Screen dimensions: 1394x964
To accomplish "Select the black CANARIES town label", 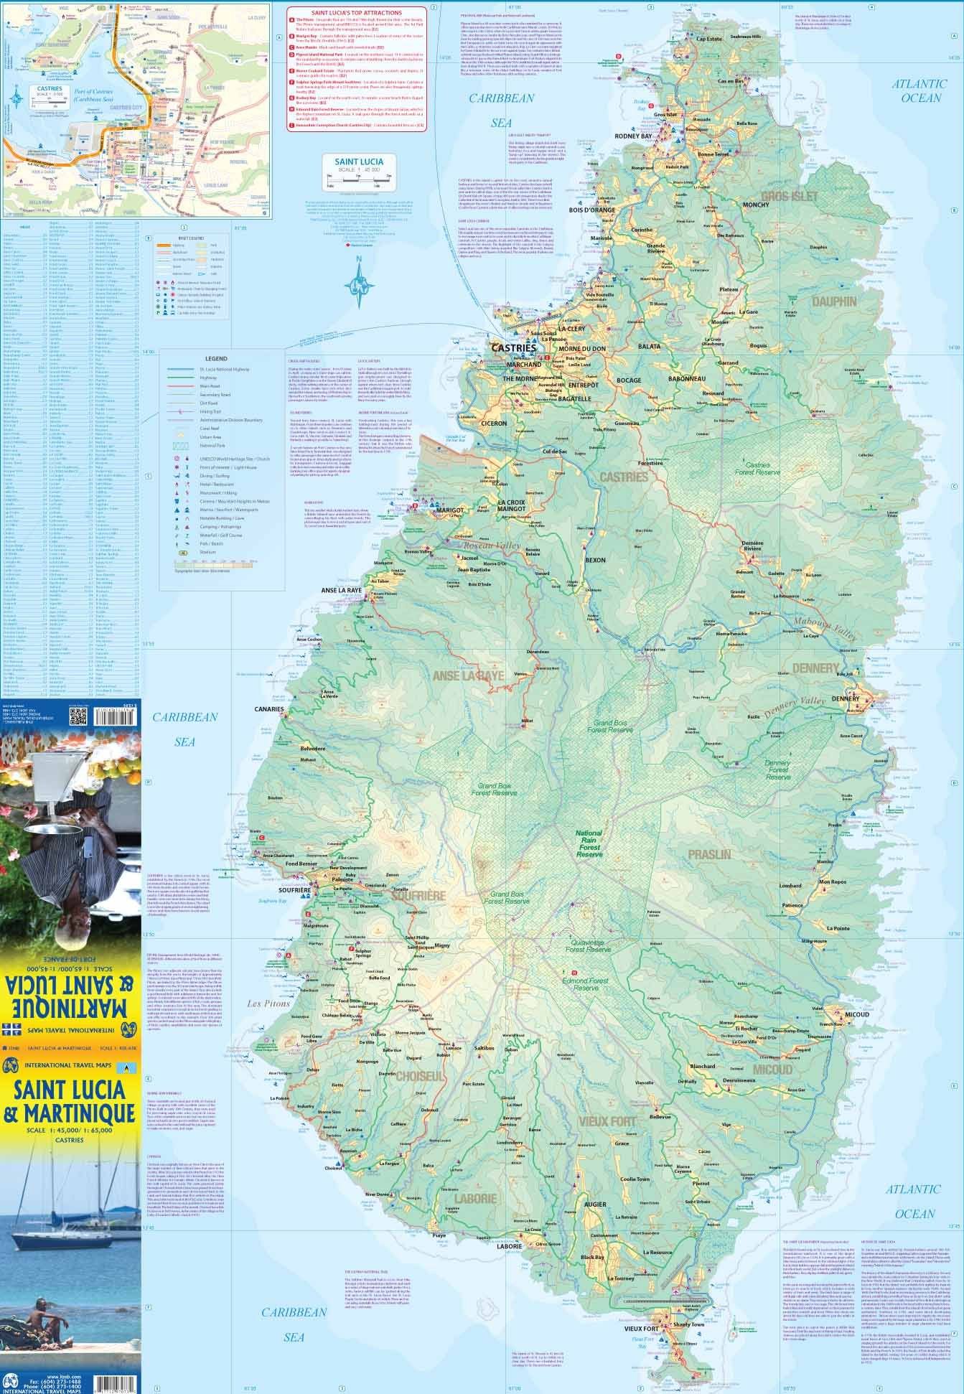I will click(x=269, y=709).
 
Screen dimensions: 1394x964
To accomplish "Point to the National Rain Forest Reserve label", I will click(x=589, y=844).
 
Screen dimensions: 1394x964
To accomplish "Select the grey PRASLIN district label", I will click(x=708, y=854).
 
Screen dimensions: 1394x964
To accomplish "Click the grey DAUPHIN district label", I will click(x=833, y=301).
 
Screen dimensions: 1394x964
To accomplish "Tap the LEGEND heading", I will click(x=215, y=358).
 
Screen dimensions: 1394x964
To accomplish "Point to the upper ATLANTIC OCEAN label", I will click(x=916, y=91).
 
